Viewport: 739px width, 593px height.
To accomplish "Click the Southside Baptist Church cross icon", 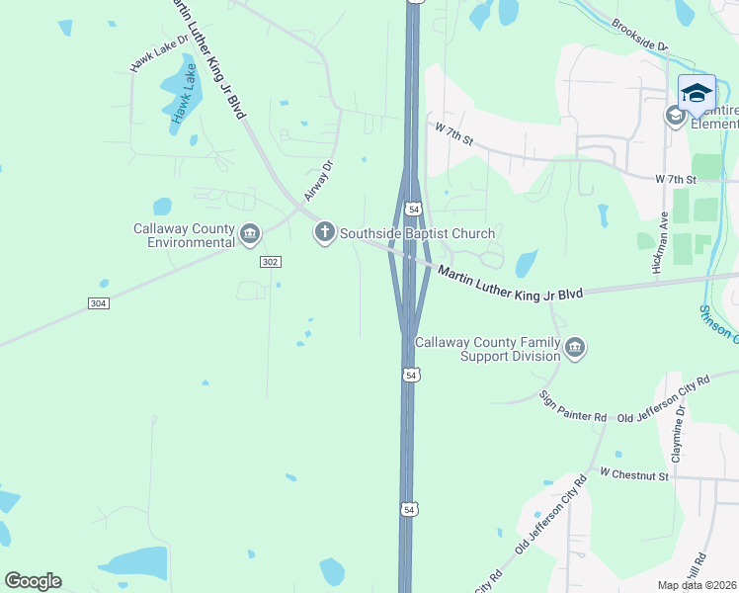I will pos(324,233).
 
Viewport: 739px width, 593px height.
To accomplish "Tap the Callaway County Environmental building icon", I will pos(249,234).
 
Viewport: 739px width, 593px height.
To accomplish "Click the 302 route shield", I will pos(272,262).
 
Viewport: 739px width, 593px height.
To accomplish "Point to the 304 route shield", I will pos(98,303).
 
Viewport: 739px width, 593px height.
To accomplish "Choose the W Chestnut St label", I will pos(633,476).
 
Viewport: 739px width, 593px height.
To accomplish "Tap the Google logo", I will pos(33,581).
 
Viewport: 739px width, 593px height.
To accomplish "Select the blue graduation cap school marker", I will pos(697,93).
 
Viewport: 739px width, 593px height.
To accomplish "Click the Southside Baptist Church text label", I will pos(417,234).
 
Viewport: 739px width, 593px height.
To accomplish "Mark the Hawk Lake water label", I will pos(182,99).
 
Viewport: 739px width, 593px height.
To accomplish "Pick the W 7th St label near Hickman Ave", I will pos(676,180).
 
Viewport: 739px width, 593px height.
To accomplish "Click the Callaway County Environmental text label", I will pos(185,235).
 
